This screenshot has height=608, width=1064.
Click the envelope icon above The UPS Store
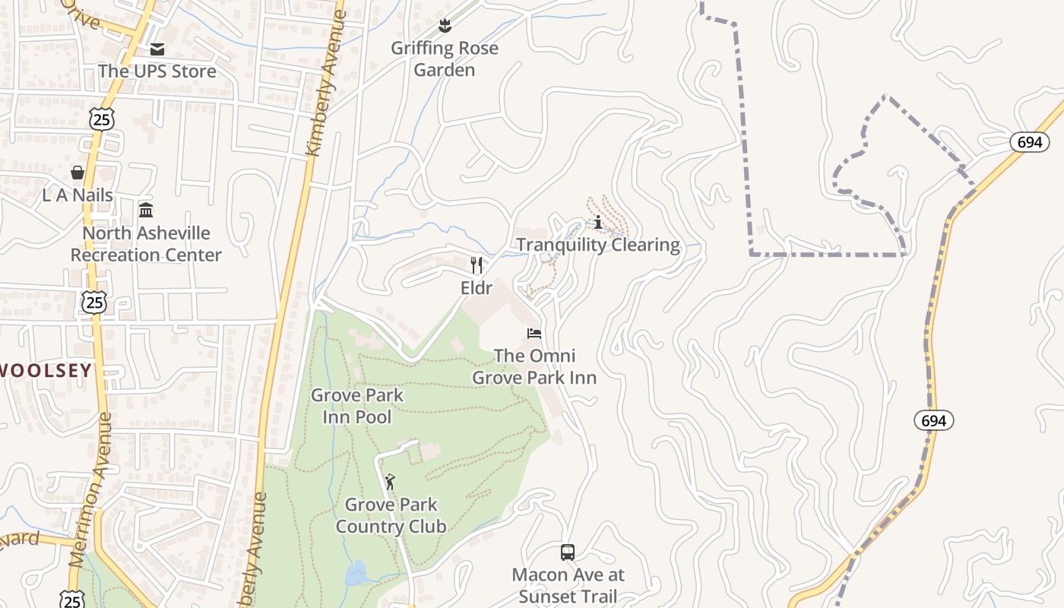pyautogui.click(x=157, y=49)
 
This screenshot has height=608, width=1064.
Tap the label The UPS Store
pyautogui.click(x=157, y=71)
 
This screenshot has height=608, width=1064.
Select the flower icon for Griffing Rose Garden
pyautogui.click(x=445, y=27)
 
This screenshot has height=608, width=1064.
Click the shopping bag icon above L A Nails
pyautogui.click(x=77, y=173)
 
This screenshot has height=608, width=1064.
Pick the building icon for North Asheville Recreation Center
pyautogui.click(x=146, y=210)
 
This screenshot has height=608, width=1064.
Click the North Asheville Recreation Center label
pyautogui.click(x=146, y=244)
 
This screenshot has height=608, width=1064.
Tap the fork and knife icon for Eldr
pyautogui.click(x=477, y=265)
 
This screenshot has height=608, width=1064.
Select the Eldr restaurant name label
pyautogui.click(x=477, y=288)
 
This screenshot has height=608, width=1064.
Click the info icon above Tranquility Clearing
pyautogui.click(x=599, y=222)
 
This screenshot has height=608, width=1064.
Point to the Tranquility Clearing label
pyautogui.click(x=598, y=245)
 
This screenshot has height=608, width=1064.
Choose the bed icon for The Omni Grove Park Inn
pyautogui.click(x=534, y=333)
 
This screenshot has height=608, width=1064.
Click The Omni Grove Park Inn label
pyautogui.click(x=534, y=366)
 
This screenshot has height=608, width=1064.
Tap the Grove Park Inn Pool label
pyautogui.click(x=357, y=406)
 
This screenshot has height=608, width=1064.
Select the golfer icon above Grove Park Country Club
pyautogui.click(x=391, y=482)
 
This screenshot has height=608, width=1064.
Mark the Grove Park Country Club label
pyautogui.click(x=391, y=515)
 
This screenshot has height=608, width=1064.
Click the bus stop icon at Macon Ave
pyautogui.click(x=568, y=553)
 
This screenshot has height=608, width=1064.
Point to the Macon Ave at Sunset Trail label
pyautogui.click(x=568, y=585)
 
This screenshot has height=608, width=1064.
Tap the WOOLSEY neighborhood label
pyautogui.click(x=46, y=371)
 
